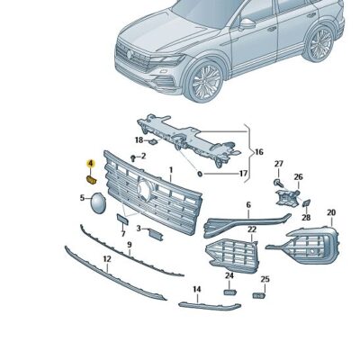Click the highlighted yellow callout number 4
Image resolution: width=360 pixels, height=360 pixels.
point(90,164)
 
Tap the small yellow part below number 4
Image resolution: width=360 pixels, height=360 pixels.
point(91,180)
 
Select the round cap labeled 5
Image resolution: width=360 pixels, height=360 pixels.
point(98,203)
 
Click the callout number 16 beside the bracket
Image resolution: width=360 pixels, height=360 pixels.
point(258,152)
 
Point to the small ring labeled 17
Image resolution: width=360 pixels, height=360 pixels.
point(200,174)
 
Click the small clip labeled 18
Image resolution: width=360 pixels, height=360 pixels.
point(153,141)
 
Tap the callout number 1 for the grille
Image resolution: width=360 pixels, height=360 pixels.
point(171,170)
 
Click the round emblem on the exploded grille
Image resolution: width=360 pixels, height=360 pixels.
point(144,190)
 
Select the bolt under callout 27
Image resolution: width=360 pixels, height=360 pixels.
point(278,182)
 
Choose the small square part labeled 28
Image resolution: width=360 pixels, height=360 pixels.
point(306,203)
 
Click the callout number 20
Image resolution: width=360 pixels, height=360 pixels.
point(331,212)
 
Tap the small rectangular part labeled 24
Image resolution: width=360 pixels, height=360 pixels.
point(230,292)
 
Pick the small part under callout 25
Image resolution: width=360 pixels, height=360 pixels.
point(258,296)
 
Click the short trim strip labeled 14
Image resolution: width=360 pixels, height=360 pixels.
point(210,306)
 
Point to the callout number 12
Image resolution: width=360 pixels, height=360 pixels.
point(107,258)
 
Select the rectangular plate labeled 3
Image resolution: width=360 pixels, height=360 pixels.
point(156,235)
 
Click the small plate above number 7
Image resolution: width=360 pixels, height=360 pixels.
point(122,220)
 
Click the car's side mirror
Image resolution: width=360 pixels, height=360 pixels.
point(247,24)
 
